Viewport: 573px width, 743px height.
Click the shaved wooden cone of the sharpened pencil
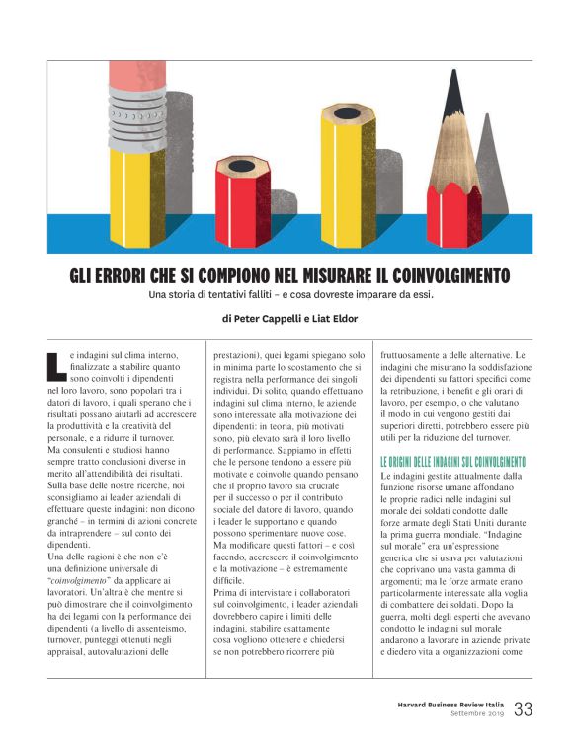click(x=455, y=148)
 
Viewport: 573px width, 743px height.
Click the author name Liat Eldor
click(x=334, y=320)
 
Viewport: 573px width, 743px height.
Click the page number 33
click(x=523, y=708)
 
